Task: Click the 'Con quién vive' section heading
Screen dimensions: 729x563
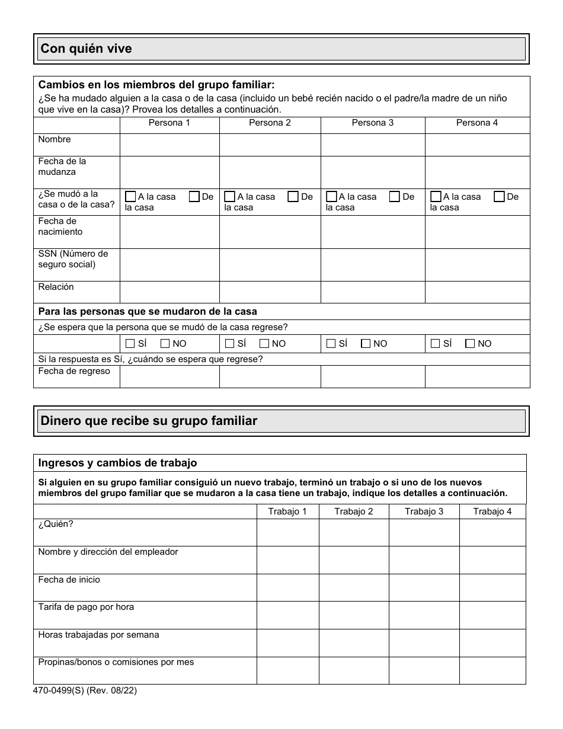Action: tap(87, 49)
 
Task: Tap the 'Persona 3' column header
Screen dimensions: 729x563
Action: tap(372, 123)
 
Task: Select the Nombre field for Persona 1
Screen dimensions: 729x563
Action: tap(169, 145)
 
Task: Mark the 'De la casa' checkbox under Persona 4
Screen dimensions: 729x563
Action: tap(499, 197)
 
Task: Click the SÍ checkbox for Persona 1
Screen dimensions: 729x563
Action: tap(130, 343)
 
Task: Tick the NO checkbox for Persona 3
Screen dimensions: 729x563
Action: tap(366, 343)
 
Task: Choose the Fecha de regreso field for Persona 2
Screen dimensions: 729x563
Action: tap(270, 376)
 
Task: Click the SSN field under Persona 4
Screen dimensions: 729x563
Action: tap(477, 264)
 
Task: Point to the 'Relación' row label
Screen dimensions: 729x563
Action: tap(56, 287)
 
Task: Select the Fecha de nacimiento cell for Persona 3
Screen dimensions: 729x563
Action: tap(373, 232)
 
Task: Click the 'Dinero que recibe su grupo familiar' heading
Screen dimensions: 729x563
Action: tap(149, 421)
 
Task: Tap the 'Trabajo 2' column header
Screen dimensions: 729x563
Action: tap(354, 511)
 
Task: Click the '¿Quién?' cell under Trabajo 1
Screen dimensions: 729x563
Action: tap(287, 532)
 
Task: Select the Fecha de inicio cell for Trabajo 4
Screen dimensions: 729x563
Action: tap(492, 587)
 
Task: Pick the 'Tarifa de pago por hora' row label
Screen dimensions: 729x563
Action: tap(86, 607)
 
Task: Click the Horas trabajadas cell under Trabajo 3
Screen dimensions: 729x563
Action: tap(424, 642)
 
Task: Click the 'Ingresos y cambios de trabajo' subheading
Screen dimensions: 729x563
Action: tap(117, 463)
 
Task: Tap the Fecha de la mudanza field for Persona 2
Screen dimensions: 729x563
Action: tap(270, 172)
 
